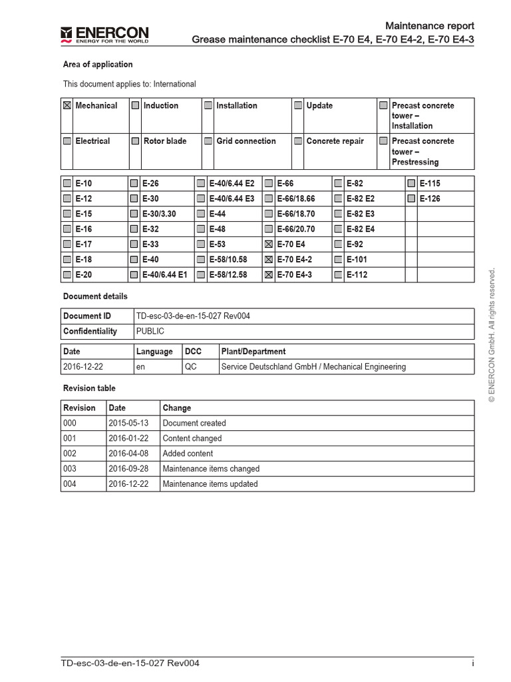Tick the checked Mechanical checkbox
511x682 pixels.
coord(67,106)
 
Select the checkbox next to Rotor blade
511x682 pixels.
coord(135,141)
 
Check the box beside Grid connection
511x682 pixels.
coord(208,141)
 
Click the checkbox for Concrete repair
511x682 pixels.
coord(298,141)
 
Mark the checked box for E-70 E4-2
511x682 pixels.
coord(269,260)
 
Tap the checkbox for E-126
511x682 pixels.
coord(411,198)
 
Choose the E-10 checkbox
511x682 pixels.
coord(67,183)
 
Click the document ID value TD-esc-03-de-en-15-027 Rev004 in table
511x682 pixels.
coord(193,316)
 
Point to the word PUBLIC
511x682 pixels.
coord(150,331)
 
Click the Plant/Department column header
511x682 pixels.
coord(254,352)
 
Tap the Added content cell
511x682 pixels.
coord(188,454)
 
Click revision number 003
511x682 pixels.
coord(70,469)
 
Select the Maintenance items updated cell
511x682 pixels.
coord(210,484)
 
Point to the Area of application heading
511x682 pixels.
coord(98,65)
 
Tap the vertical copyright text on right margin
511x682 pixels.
coord(492,336)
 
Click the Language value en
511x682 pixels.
coord(140,367)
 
